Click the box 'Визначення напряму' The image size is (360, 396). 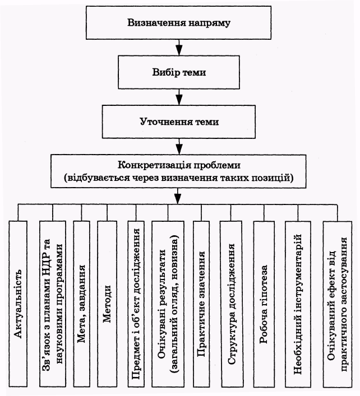(x=178, y=23)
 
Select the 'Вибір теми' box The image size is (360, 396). (x=179, y=72)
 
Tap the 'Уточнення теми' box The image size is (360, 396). (x=179, y=122)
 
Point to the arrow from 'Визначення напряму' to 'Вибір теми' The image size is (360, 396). (x=179, y=48)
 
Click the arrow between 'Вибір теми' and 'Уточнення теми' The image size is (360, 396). (x=179, y=97)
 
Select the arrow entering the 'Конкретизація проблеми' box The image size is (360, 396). (x=179, y=147)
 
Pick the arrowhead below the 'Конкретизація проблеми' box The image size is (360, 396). (x=178, y=199)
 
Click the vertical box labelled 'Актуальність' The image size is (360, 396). (x=18, y=304)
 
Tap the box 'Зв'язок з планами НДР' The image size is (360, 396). (x=53, y=304)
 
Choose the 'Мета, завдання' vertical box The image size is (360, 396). (x=82, y=304)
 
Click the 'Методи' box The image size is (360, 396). (x=107, y=304)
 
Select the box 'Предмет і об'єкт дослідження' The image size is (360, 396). (x=136, y=304)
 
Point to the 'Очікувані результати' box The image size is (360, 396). (x=168, y=304)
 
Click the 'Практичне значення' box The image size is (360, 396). (x=201, y=304)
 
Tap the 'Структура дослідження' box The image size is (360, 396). (x=232, y=304)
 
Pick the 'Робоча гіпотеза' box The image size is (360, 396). (x=264, y=304)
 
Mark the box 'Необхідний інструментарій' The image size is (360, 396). (x=298, y=304)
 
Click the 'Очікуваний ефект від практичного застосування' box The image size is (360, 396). (x=338, y=304)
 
